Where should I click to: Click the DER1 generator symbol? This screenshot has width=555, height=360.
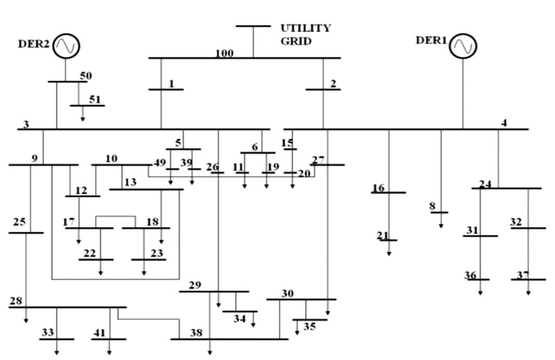click(x=463, y=46)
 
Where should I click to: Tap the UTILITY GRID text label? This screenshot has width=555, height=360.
click(x=305, y=34)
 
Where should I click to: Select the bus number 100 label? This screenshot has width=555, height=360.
click(x=225, y=53)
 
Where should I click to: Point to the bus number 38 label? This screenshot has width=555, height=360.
click(x=196, y=332)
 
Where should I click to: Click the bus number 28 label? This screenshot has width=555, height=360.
click(x=16, y=301)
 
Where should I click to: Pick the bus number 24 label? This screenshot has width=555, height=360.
click(x=485, y=184)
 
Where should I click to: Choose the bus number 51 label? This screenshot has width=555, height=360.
click(x=95, y=99)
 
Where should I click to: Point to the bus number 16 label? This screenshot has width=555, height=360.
click(x=378, y=187)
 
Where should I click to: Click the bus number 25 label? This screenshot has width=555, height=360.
click(x=19, y=222)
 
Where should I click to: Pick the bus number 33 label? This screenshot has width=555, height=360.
click(x=48, y=332)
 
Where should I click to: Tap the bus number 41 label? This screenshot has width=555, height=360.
click(x=99, y=332)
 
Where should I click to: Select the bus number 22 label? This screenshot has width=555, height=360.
click(x=89, y=253)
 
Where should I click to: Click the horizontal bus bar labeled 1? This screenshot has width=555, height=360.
click(x=166, y=89)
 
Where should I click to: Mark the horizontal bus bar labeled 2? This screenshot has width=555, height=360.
click(x=323, y=89)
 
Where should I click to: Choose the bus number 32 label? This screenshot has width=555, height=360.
click(x=515, y=222)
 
